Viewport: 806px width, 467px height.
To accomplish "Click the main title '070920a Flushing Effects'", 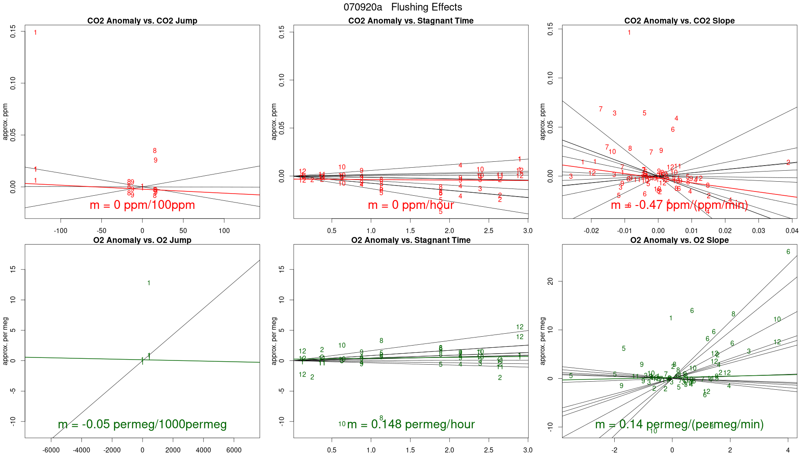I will tap(403, 7).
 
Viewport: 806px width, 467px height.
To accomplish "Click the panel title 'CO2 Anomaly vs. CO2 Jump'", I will tap(142, 21).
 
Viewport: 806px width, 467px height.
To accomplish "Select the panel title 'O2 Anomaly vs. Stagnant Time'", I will tap(411, 240).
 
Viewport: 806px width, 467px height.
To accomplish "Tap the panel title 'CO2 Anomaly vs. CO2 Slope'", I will tap(679, 21).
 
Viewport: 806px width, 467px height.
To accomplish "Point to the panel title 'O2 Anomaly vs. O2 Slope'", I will tap(679, 240).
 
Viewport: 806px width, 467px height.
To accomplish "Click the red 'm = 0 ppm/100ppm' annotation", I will tap(142, 205).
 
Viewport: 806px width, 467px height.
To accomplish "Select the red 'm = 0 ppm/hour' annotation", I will tap(411, 205).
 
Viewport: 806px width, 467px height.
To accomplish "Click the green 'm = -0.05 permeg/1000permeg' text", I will tap(142, 424).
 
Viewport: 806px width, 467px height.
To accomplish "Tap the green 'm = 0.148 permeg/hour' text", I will tap(411, 424).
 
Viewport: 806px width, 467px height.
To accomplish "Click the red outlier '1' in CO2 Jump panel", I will tap(35, 33).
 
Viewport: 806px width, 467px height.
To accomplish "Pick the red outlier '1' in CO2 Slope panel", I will tap(629, 33).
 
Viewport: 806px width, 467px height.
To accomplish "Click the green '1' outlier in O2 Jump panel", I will tap(148, 283).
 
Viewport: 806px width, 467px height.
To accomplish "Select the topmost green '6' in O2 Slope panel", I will tap(788, 252).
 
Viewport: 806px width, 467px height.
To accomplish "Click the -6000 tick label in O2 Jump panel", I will tap(51, 450).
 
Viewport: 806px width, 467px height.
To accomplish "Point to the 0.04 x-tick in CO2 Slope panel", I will tap(792, 231).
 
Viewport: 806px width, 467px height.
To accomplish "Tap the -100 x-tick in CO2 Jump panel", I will tap(60, 231).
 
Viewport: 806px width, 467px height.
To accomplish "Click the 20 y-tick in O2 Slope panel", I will tap(551, 281).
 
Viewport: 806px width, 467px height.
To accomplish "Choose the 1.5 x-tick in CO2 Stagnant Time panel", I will tap(410, 231).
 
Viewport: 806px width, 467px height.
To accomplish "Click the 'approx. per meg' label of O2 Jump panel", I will tap(6, 341).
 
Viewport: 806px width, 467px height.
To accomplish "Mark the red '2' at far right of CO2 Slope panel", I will tap(788, 163).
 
